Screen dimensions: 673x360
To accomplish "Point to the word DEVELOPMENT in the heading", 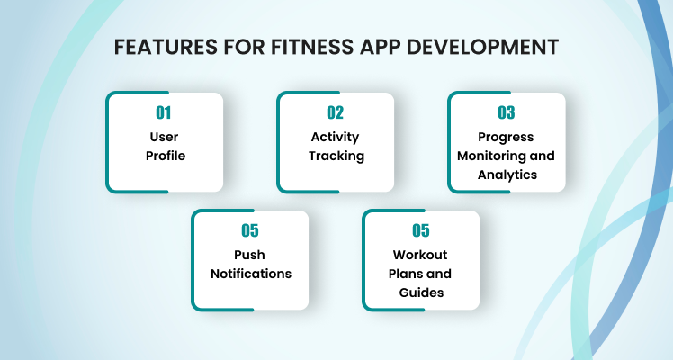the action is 482,47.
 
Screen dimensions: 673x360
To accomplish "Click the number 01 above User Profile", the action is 164,112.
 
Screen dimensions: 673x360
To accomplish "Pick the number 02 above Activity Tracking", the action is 336,112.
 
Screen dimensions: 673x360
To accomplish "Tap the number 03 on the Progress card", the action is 506,112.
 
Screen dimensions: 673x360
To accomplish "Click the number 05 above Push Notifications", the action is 250,230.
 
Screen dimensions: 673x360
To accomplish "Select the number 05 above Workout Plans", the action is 421,230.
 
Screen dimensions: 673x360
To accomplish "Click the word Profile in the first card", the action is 166,156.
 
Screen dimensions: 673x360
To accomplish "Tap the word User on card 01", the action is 164,137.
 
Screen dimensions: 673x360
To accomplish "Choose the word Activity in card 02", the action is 336,138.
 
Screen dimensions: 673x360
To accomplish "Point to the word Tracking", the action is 336,157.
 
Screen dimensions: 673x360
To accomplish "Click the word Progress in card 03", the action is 506,138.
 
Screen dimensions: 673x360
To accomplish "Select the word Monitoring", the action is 491,157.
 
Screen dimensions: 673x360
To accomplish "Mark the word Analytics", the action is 507,175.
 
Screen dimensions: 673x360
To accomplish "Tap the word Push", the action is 249,255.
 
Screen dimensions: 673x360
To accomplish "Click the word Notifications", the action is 251,274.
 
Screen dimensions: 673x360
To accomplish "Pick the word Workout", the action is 420,255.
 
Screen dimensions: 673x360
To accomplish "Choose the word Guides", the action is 421,292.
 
